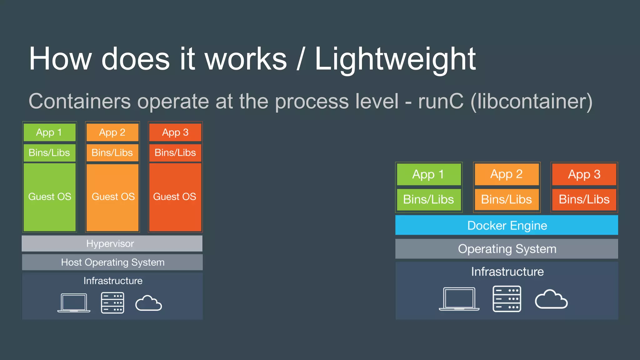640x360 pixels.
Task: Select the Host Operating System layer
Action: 112,262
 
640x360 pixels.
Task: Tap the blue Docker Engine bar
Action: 507,225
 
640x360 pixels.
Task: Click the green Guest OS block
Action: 50,197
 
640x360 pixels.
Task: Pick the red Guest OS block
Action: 175,197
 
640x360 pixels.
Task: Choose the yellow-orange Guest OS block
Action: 112,197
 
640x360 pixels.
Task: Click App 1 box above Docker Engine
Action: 428,174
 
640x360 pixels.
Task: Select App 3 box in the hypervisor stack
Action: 175,132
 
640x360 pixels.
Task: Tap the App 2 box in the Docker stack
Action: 506,174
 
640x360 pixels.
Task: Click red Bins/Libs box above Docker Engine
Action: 584,199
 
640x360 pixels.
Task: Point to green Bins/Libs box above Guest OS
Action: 49,152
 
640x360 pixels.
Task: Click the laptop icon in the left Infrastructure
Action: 74,302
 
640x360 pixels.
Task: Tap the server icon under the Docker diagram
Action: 507,299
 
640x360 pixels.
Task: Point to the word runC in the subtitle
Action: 441,101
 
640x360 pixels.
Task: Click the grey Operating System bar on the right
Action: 507,249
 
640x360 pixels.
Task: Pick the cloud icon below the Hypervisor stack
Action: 148,303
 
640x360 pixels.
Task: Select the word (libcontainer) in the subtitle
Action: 531,101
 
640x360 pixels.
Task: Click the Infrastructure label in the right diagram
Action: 507,272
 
